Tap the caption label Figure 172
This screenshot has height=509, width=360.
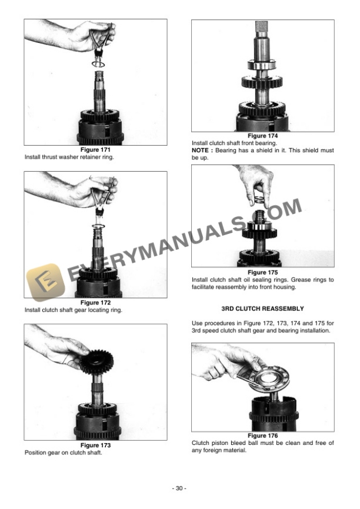95,303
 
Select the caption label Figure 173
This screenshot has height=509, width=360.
95,446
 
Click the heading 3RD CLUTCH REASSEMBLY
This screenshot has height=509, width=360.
262,308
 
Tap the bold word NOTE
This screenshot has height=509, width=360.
201,150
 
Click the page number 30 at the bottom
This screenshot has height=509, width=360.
180,488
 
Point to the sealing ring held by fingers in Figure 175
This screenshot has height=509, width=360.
259,202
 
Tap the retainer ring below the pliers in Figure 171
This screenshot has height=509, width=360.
98,62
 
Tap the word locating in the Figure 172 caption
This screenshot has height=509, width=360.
98,310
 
